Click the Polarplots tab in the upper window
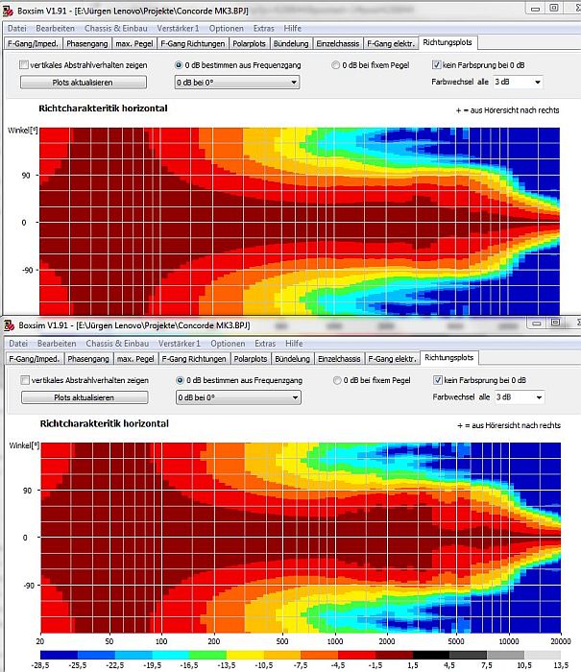251,43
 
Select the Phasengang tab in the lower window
88,358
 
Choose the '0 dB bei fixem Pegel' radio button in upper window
335,65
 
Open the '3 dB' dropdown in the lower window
520,396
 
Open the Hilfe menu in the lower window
294,344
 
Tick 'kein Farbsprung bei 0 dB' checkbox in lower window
438,380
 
